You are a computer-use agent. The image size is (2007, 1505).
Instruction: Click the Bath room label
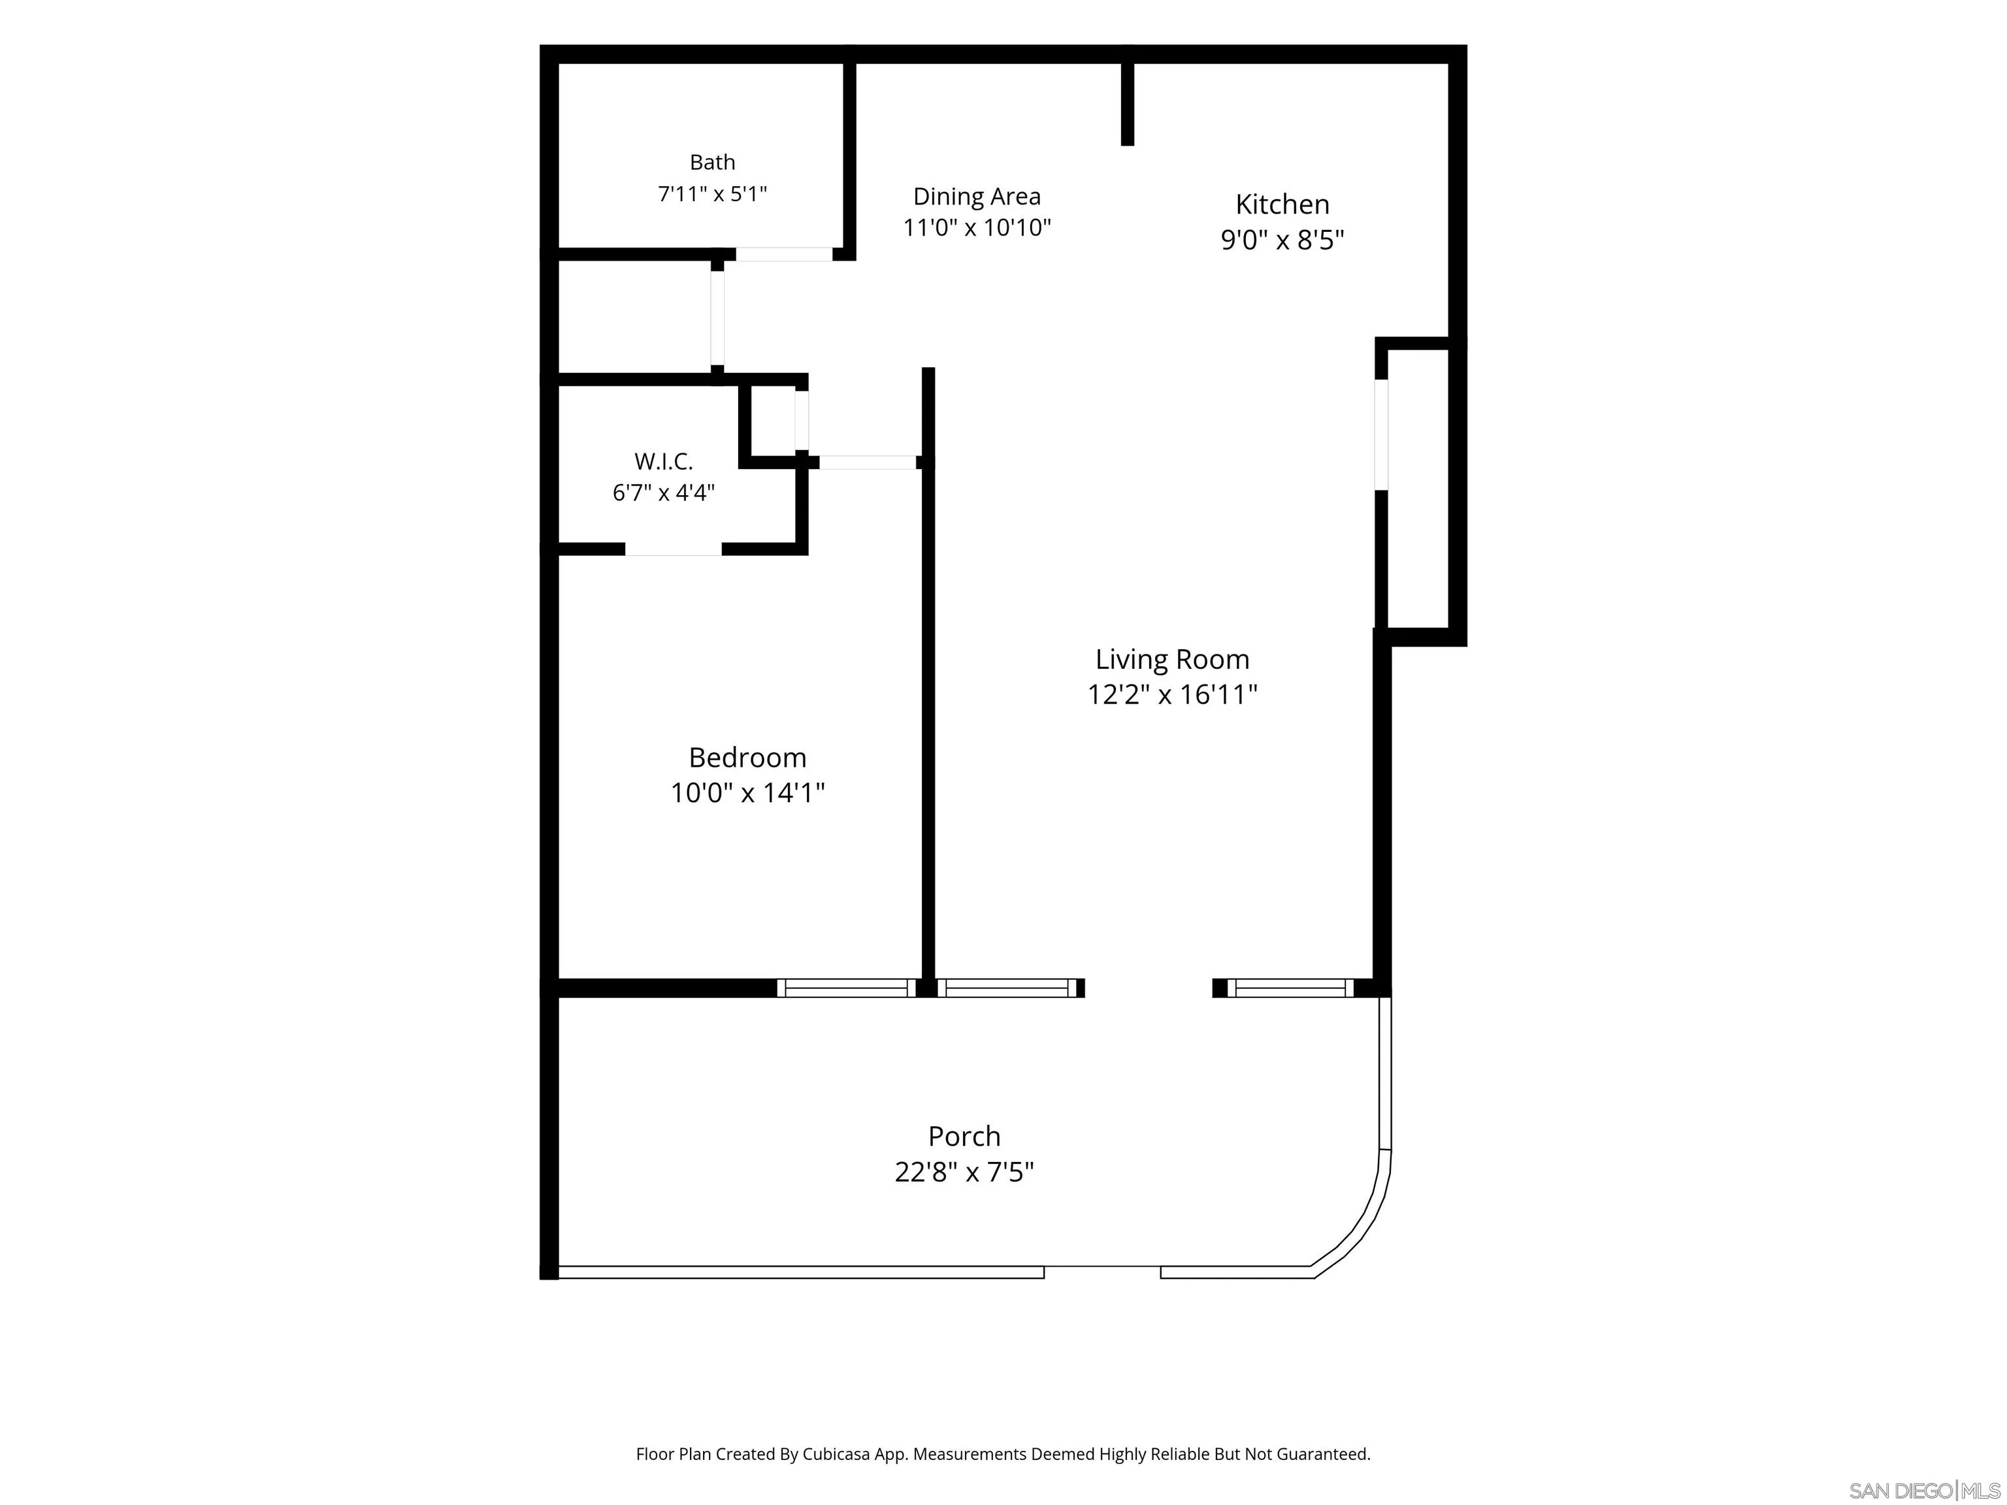(x=712, y=163)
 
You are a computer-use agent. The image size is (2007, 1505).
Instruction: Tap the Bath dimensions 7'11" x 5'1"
(x=712, y=194)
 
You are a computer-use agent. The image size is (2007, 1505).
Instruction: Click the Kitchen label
(x=1282, y=204)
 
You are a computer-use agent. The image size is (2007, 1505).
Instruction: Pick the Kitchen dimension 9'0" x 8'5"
(x=1282, y=240)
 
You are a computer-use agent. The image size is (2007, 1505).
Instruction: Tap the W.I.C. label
(x=663, y=462)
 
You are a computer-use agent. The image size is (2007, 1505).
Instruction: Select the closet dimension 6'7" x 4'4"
(x=663, y=493)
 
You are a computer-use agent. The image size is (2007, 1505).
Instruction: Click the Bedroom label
(x=747, y=758)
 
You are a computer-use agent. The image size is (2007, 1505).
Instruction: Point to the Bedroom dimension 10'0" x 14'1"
(x=747, y=793)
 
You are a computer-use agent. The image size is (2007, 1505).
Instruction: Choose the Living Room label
(x=1172, y=660)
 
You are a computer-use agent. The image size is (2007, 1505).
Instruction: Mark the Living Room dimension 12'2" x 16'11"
(x=1172, y=695)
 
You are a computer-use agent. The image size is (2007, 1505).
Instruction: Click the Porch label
(x=964, y=1137)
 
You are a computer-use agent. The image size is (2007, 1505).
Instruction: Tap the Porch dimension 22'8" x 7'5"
(x=964, y=1172)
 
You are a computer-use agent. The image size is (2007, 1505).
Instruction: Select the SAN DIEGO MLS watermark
(x=1925, y=1491)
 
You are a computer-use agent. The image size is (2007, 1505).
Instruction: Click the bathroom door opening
(x=784, y=254)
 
